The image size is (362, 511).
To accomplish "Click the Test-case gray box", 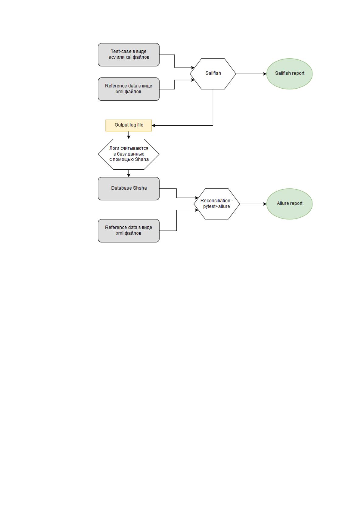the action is [129, 55].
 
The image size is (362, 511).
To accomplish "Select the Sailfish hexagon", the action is [213, 74].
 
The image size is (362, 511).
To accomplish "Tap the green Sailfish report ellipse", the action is [289, 74].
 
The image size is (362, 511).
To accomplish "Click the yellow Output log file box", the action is [129, 125].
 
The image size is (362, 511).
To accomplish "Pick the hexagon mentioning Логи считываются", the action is [129, 154].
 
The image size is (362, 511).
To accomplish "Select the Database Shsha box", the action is [129, 189].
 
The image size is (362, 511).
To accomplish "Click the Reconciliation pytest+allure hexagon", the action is [217, 204].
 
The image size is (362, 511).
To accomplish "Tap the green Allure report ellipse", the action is [289, 204].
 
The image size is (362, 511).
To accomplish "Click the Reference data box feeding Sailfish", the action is [129, 89].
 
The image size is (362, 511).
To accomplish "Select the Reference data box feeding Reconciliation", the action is [129, 231].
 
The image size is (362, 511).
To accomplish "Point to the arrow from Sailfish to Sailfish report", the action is [251, 74].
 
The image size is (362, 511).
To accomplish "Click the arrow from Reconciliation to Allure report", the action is [253, 204].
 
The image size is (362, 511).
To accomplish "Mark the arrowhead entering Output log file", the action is [153, 125].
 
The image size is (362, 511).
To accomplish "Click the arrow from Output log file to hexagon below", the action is [129, 135].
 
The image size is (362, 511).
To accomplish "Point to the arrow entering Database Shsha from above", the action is [129, 173].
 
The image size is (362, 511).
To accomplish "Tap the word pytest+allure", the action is [216, 206].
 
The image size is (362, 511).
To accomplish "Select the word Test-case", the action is [121, 51].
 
